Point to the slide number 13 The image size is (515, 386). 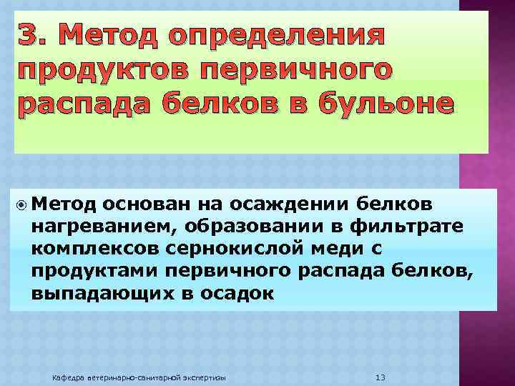[x=381, y=376]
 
